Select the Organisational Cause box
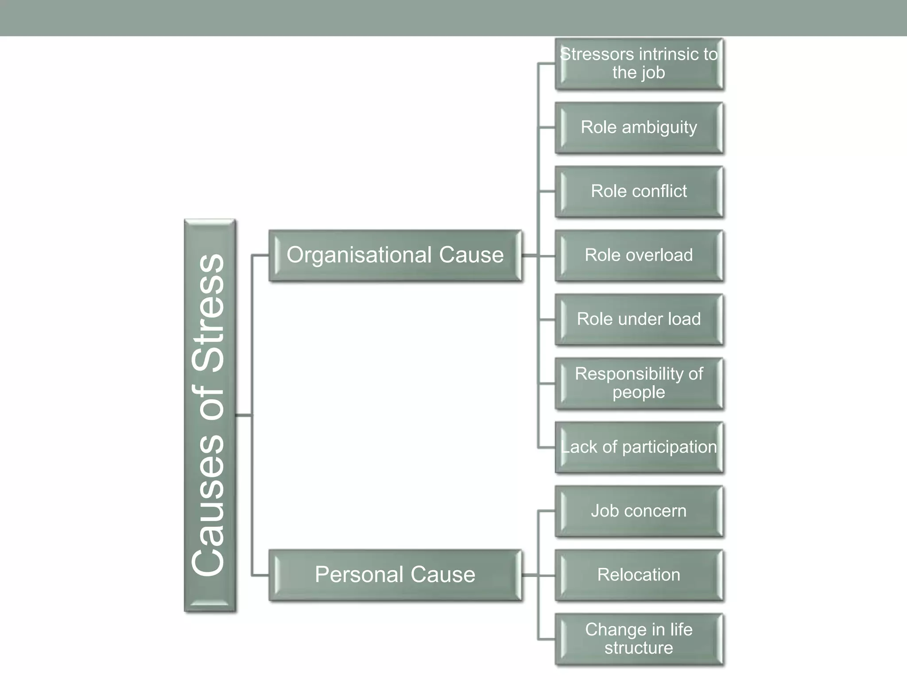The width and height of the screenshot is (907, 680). coord(395,255)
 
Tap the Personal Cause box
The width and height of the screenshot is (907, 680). coord(395,575)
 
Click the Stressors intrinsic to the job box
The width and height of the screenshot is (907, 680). coord(639,64)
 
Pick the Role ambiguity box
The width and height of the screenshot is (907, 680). coord(639,127)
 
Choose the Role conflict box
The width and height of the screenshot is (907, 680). coord(639,191)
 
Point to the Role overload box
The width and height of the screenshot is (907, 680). coord(639,255)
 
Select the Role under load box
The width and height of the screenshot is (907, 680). coord(639,319)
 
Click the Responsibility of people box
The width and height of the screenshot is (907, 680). coord(639,383)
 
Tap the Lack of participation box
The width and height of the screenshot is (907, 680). coord(639,447)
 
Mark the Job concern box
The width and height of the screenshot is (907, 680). coord(639,511)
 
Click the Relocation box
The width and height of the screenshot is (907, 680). coord(639,575)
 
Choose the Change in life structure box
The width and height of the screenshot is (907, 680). coord(639,639)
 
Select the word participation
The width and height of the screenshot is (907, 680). coord(669,448)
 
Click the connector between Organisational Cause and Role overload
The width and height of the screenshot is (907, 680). coord(538,255)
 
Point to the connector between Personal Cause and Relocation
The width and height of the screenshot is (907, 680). coord(538,575)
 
